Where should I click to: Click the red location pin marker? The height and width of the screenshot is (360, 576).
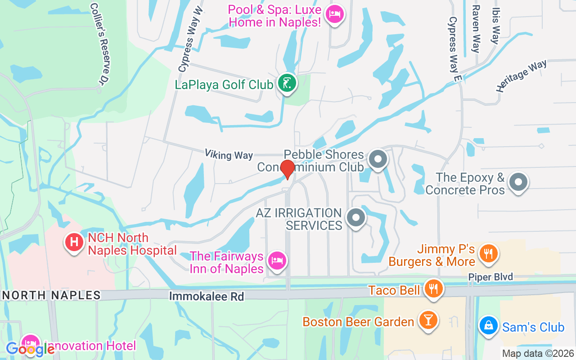point(287,169)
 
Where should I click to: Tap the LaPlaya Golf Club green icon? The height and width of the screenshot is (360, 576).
point(287,83)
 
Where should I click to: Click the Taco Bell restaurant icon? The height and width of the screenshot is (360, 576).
point(434,289)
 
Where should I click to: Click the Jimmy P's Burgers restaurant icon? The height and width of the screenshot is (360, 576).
point(488,253)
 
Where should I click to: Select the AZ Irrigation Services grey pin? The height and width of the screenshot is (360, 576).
point(356,218)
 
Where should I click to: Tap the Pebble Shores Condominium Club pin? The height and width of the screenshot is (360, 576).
point(378,159)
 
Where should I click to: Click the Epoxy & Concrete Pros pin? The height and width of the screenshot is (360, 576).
point(518,182)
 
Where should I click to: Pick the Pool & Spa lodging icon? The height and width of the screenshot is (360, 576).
point(334,15)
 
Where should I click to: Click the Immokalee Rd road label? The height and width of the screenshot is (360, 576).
point(207,297)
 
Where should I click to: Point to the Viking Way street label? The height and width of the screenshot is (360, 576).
point(229,154)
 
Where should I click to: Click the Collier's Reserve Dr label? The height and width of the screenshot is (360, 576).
point(101,44)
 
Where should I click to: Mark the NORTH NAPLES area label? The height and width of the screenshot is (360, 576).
point(51,295)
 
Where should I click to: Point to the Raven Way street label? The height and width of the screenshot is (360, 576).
point(476,29)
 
